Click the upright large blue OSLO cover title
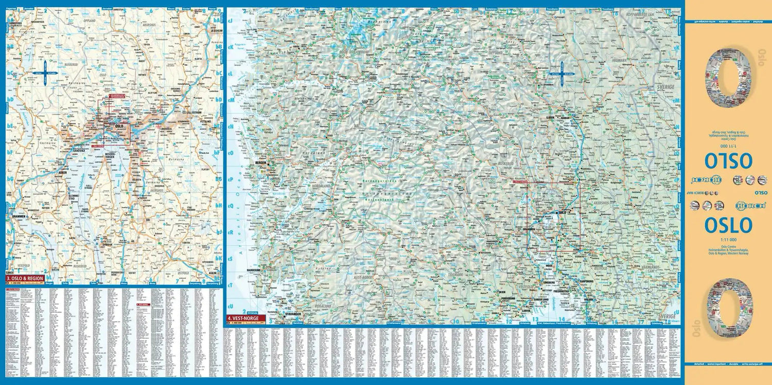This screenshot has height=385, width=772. (x=728, y=225)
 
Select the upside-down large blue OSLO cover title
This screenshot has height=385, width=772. (x=728, y=160)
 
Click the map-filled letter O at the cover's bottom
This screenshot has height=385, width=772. (x=729, y=308)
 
